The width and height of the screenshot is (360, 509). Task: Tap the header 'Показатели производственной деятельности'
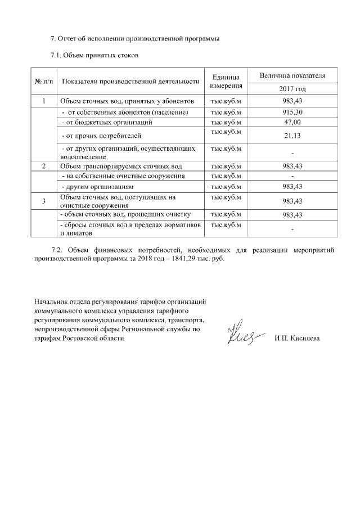[130, 82]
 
